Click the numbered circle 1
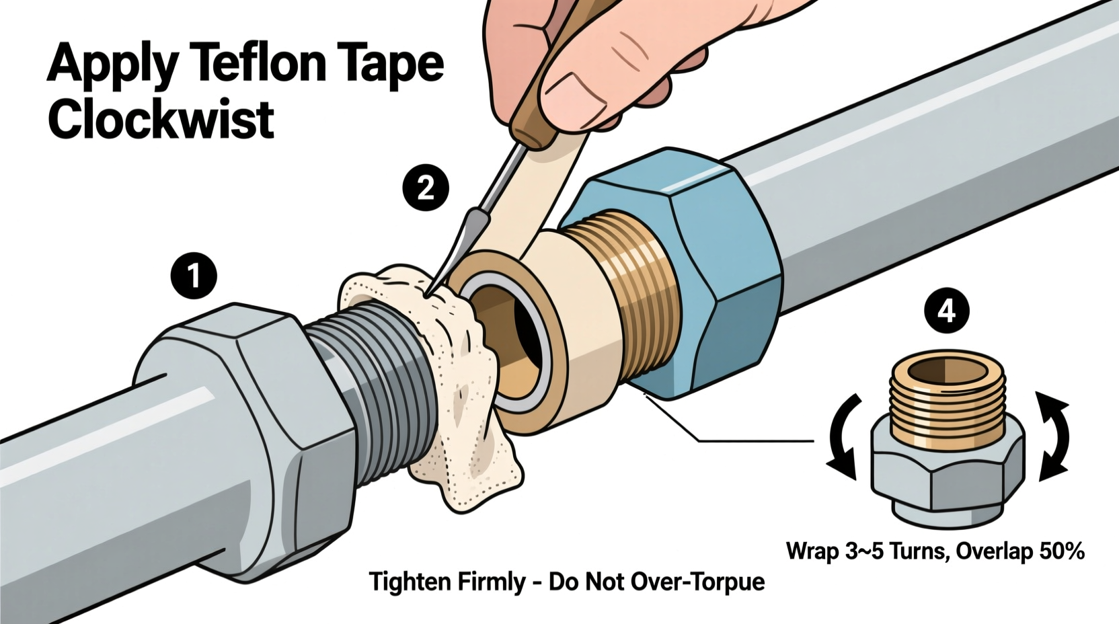pos(194,275)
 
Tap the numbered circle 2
pos(426,189)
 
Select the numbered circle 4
pos(946,311)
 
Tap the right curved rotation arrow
pos(1053,437)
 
